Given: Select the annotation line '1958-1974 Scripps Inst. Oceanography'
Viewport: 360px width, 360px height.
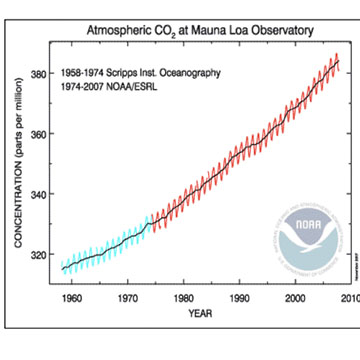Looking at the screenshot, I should pos(145,73).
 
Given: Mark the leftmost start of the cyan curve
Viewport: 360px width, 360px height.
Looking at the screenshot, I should pos(62,268).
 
